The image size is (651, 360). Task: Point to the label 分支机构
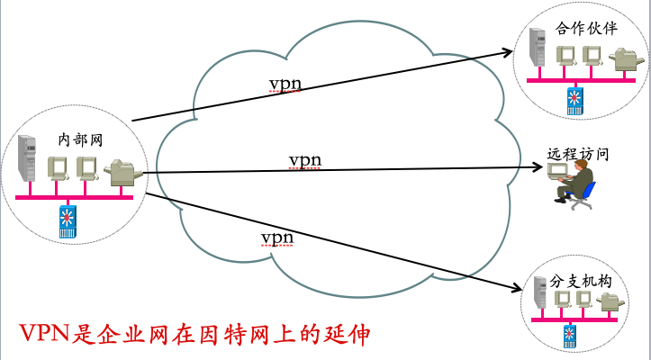[x=581, y=282]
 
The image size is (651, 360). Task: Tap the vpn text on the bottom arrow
[x=276, y=237]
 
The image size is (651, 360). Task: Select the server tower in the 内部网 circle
[x=27, y=162]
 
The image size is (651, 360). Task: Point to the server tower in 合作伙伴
[x=538, y=52]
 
